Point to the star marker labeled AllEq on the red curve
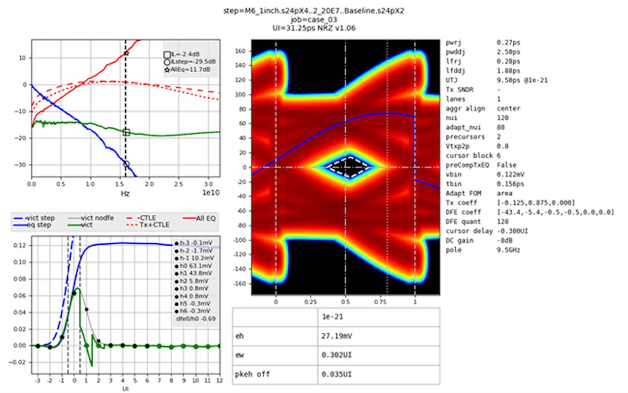point(126,53)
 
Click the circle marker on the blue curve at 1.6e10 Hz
point(126,164)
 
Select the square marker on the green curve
point(126,133)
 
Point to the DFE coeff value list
point(555,212)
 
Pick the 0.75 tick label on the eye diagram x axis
point(386,302)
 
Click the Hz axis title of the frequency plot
point(125,194)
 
